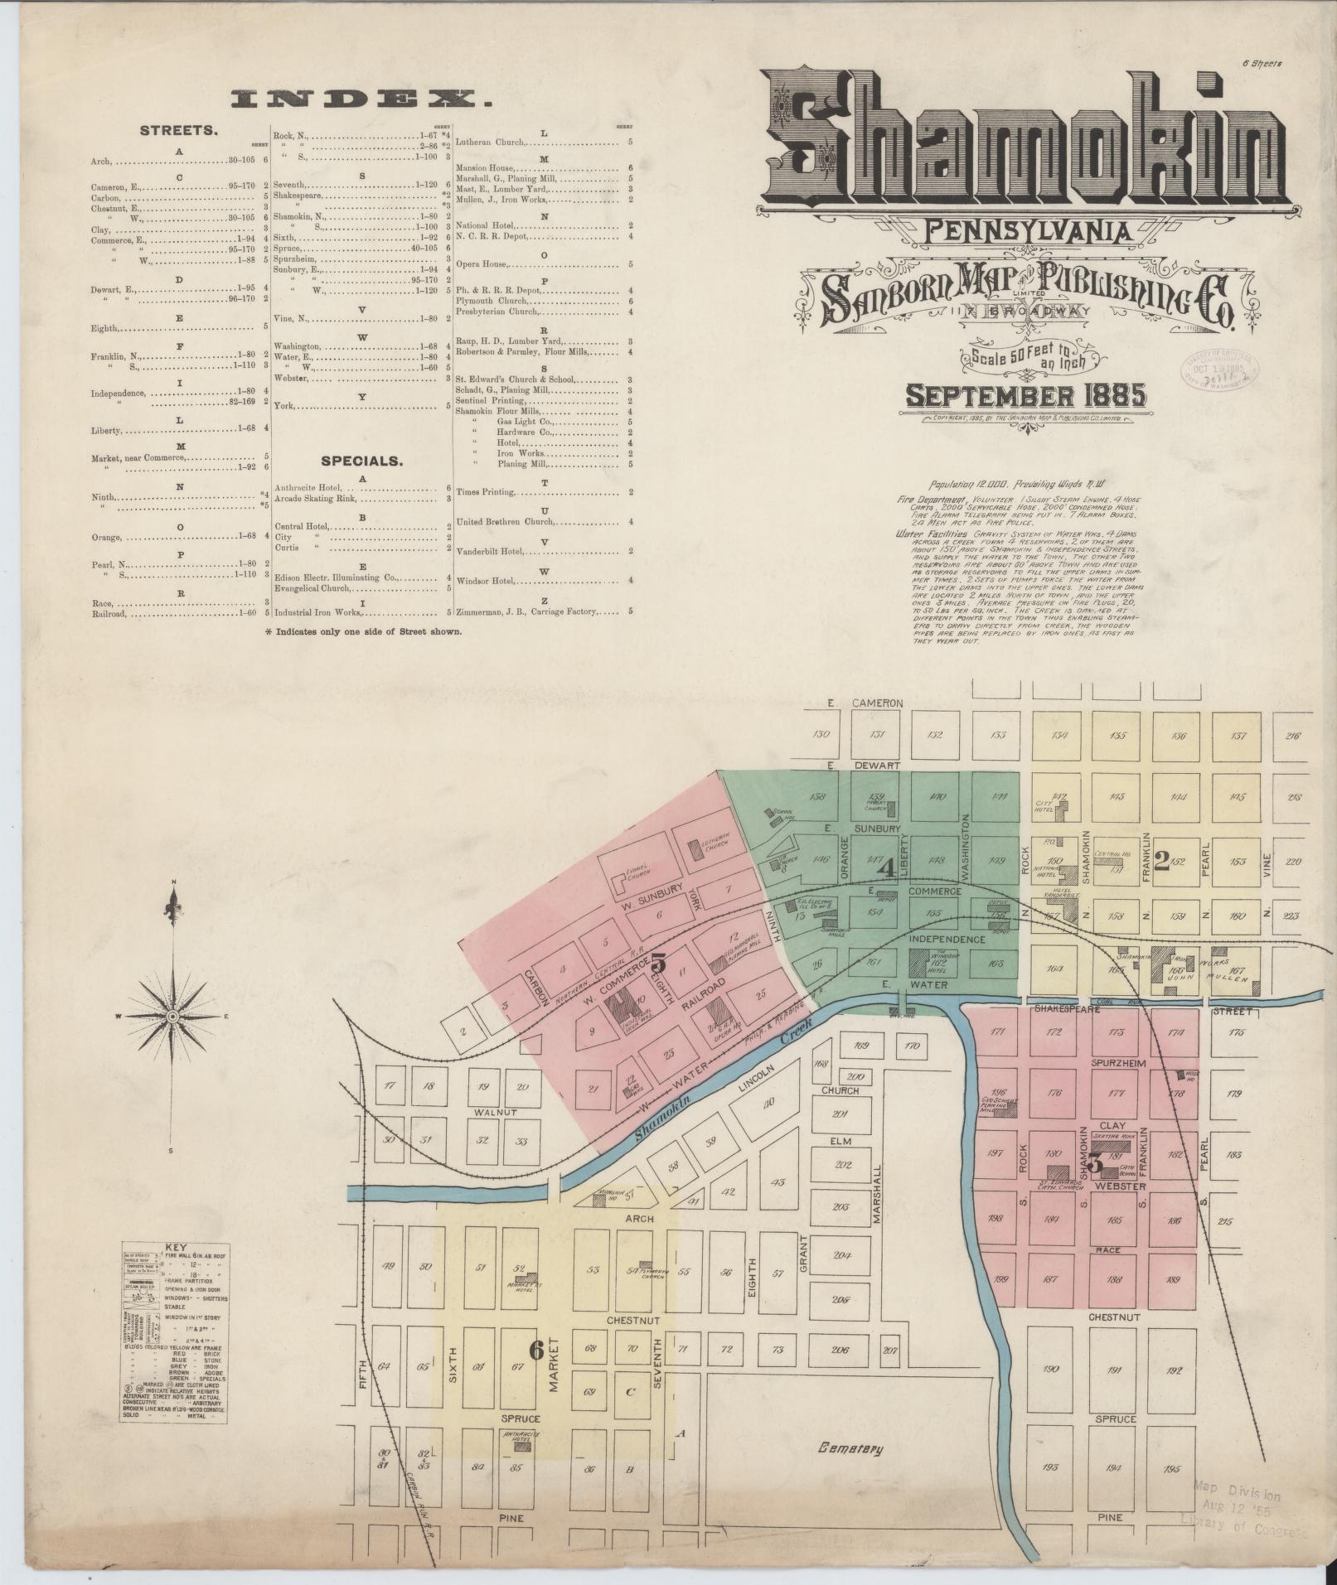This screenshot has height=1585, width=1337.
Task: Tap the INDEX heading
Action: tap(361, 101)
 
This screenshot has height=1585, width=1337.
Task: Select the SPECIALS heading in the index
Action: tap(362, 461)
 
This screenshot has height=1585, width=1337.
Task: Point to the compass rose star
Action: tap(172, 1016)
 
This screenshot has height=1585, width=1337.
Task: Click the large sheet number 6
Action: tap(536, 1350)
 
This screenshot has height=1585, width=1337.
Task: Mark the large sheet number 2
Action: tap(1160, 863)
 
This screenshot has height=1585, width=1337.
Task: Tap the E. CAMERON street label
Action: tap(865, 703)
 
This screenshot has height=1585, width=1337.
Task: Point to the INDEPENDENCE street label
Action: tap(947, 940)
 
